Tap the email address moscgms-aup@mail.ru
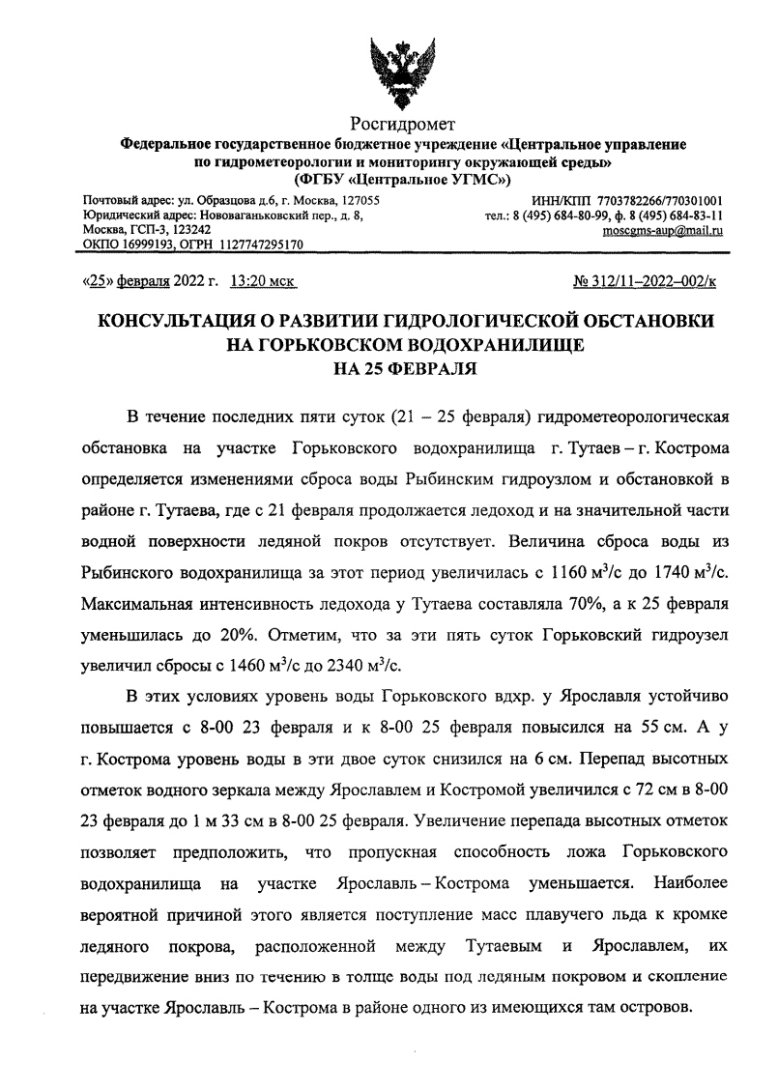point(663,231)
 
